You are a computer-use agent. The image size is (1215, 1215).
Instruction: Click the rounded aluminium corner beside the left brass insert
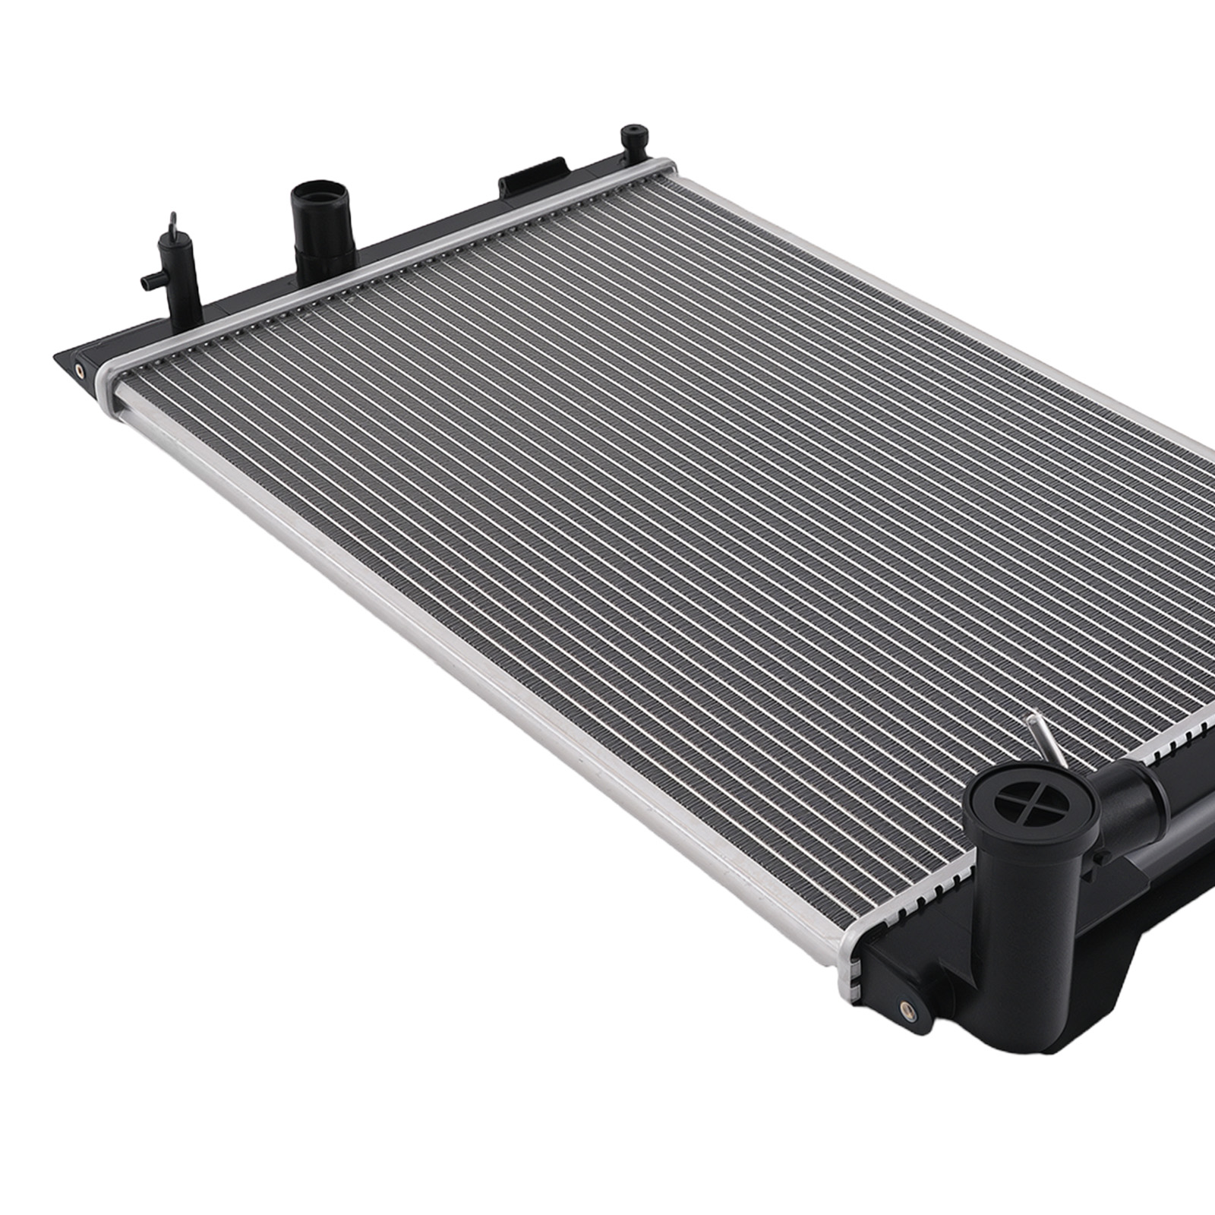pos(111,380)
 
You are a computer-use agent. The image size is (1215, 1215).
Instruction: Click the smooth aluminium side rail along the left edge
pos(456,645)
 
